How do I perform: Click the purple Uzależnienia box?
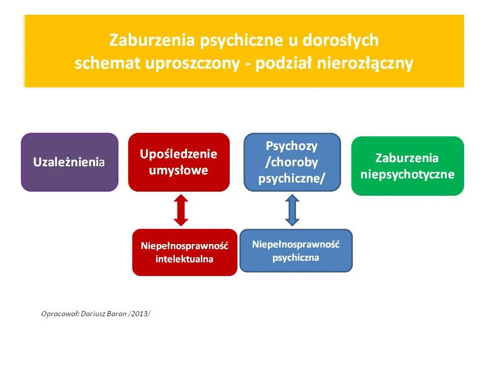click(69, 162)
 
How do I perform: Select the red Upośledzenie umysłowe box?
click(178, 162)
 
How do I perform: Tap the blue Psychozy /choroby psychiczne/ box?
click(292, 162)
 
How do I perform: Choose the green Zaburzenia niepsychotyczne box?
click(407, 166)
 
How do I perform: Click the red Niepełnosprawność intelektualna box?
click(185, 252)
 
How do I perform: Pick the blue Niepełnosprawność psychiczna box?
click(295, 251)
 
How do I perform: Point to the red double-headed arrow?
click(181, 210)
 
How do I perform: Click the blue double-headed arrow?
click(292, 210)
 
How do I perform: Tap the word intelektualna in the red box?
click(185, 259)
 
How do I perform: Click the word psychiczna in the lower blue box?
click(295, 257)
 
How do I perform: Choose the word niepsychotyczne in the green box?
click(407, 174)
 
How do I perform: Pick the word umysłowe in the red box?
click(178, 170)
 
